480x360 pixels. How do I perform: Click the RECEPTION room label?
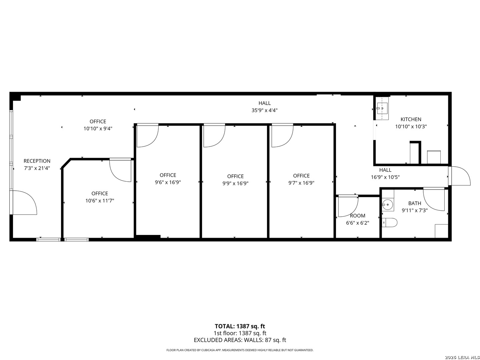(37, 161)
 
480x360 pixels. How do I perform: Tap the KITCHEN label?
(411, 119)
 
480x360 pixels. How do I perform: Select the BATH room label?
(415, 203)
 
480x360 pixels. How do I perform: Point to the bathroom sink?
(387, 205)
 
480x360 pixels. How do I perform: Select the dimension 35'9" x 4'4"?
(264, 110)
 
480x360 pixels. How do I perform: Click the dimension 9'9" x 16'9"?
(235, 183)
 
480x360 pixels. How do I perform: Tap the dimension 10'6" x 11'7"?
(100, 201)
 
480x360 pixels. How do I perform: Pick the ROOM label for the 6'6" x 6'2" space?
(357, 216)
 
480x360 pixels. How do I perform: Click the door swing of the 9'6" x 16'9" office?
(147, 136)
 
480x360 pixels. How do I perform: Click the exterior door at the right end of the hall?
(459, 176)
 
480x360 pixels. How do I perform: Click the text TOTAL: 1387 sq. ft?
(240, 326)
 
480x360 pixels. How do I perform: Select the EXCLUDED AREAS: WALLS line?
(240, 340)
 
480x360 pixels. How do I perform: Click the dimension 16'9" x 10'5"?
(385, 177)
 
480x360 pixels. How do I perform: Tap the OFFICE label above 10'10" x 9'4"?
(98, 122)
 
